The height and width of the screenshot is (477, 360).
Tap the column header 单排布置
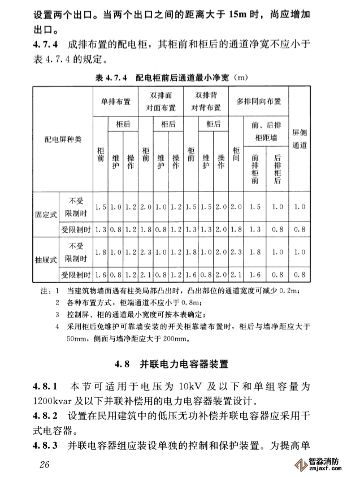115,102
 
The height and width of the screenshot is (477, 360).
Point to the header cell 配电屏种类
63,139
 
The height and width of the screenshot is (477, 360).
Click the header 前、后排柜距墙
266,130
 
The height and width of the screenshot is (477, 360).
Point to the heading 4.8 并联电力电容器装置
179,363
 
